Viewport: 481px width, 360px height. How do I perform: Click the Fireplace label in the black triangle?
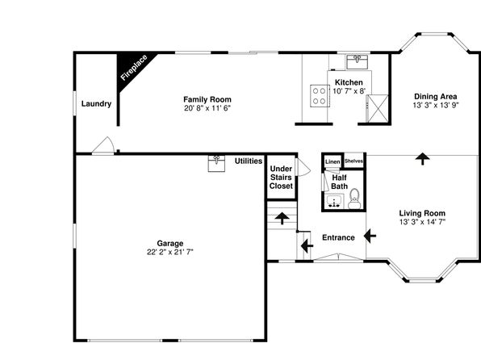pyautogui.click(x=134, y=68)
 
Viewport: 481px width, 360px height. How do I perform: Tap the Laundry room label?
pyautogui.click(x=96, y=104)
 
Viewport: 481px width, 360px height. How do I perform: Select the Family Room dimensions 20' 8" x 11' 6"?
pyautogui.click(x=207, y=108)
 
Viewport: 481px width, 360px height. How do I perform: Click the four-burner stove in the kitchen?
pyautogui.click(x=319, y=96)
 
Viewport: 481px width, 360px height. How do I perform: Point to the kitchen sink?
pyautogui.click(x=357, y=61)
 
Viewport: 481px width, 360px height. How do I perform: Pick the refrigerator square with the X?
pyautogui.click(x=378, y=108)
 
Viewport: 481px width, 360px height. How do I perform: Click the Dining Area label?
pyautogui.click(x=436, y=96)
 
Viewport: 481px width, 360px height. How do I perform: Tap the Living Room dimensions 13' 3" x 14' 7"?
pyautogui.click(x=422, y=222)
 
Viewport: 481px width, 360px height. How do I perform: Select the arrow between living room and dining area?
pyautogui.click(x=422, y=159)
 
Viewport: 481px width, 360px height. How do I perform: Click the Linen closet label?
pyautogui.click(x=333, y=161)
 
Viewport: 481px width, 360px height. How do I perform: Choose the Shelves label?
pyautogui.click(x=353, y=161)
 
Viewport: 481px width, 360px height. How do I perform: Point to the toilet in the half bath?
pyautogui.click(x=354, y=199)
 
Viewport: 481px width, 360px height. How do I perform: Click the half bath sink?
pyautogui.click(x=334, y=201)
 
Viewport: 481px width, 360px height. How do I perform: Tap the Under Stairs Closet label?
pyautogui.click(x=281, y=178)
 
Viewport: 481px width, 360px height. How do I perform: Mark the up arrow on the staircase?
pyautogui.click(x=282, y=219)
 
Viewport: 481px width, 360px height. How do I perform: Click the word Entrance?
pyautogui.click(x=338, y=237)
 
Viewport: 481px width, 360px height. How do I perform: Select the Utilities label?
pyautogui.click(x=249, y=161)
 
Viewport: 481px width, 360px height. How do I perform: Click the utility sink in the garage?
pyautogui.click(x=216, y=163)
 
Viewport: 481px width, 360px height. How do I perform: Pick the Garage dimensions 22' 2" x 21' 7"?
pyautogui.click(x=170, y=252)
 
